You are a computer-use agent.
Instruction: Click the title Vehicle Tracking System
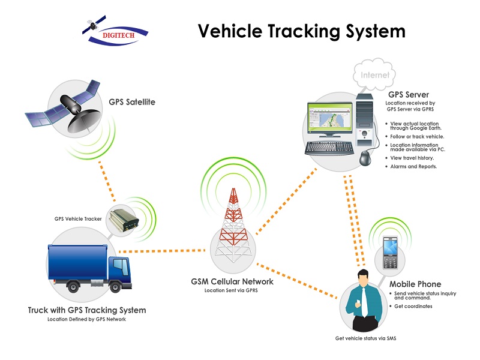(302, 31)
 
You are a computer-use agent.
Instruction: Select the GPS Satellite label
(132, 102)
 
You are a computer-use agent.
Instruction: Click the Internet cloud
(375, 76)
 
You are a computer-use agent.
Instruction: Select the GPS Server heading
(408, 95)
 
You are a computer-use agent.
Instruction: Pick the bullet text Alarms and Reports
(414, 166)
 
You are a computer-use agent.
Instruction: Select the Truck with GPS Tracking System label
(87, 310)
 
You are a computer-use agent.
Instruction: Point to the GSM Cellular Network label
(232, 281)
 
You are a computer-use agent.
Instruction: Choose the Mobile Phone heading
(415, 284)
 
